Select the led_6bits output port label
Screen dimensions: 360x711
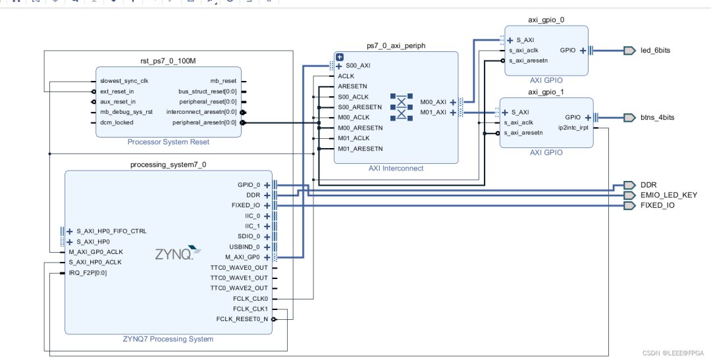click(x=655, y=50)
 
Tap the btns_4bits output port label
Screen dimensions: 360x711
click(x=657, y=117)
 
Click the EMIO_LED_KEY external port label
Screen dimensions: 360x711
click(x=668, y=195)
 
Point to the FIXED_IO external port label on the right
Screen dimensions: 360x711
click(x=657, y=205)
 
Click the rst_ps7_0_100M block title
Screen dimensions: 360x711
click(x=168, y=60)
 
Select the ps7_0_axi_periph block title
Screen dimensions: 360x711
click(x=396, y=45)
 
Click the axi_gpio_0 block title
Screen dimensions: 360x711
click(x=546, y=20)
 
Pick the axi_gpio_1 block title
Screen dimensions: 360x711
click(x=546, y=91)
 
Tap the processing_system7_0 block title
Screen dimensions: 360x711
click(x=168, y=164)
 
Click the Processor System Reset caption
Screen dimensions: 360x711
click(x=168, y=141)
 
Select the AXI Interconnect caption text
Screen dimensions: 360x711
click(x=396, y=168)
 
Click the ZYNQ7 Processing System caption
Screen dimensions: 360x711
click(x=168, y=339)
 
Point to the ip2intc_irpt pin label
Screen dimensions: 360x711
click(x=573, y=128)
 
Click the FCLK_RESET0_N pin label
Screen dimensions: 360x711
click(x=242, y=319)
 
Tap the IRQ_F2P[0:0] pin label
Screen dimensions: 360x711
click(x=88, y=272)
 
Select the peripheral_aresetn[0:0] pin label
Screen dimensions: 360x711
click(x=204, y=122)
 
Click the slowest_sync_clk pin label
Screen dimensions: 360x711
click(x=124, y=81)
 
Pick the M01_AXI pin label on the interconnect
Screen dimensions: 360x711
click(x=433, y=112)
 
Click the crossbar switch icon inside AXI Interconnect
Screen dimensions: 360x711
click(x=402, y=107)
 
